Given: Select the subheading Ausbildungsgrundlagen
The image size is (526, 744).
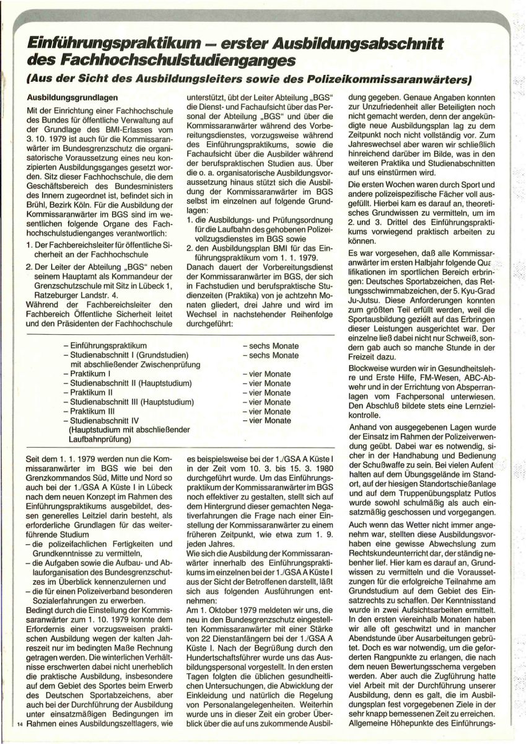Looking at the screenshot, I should tap(69, 98).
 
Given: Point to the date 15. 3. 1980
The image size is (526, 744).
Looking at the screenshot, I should tap(283, 480).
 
